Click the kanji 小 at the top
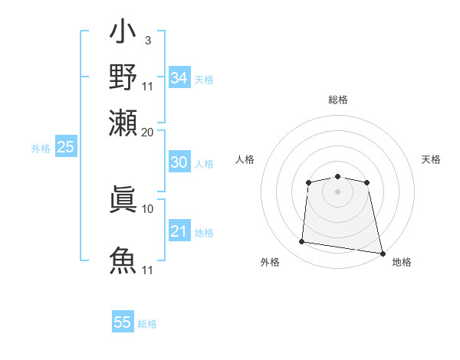coord(123,34)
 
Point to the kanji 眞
coord(123,201)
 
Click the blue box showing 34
coord(179,78)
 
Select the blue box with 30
coord(179,162)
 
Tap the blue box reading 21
coord(179,231)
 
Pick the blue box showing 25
coord(66,147)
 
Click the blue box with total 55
coord(123,322)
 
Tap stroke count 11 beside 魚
coord(148,270)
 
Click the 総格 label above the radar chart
coord(337,100)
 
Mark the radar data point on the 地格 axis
coord(381,253)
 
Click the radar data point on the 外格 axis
coord(302,242)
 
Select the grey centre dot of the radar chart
coord(337,191)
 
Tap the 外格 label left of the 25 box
coord(41,149)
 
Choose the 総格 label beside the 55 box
coord(147,324)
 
